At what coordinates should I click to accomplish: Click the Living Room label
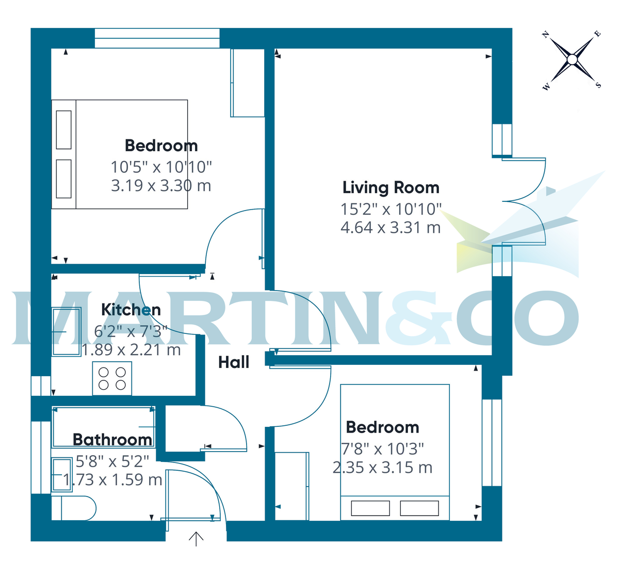(x=391, y=188)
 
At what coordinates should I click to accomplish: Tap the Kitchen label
(x=131, y=310)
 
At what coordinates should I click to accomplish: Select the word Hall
(x=234, y=362)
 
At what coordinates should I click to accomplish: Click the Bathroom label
(x=112, y=440)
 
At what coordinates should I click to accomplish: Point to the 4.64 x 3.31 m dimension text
(x=390, y=228)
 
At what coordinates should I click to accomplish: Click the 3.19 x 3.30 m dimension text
(x=161, y=186)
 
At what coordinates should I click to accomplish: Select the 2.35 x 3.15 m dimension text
(x=382, y=468)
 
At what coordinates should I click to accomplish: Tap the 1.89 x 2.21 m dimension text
(x=131, y=349)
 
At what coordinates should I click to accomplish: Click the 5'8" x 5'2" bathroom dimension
(x=112, y=461)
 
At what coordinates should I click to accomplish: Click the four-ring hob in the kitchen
(x=112, y=378)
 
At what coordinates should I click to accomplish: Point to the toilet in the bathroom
(x=74, y=508)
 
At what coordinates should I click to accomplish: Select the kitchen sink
(x=67, y=331)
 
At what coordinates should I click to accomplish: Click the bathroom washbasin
(x=62, y=475)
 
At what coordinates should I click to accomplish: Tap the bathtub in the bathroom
(x=104, y=427)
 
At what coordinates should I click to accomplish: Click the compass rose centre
(x=572, y=59)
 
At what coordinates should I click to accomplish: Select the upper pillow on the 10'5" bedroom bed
(x=63, y=130)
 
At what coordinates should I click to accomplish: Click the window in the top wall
(x=157, y=38)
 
